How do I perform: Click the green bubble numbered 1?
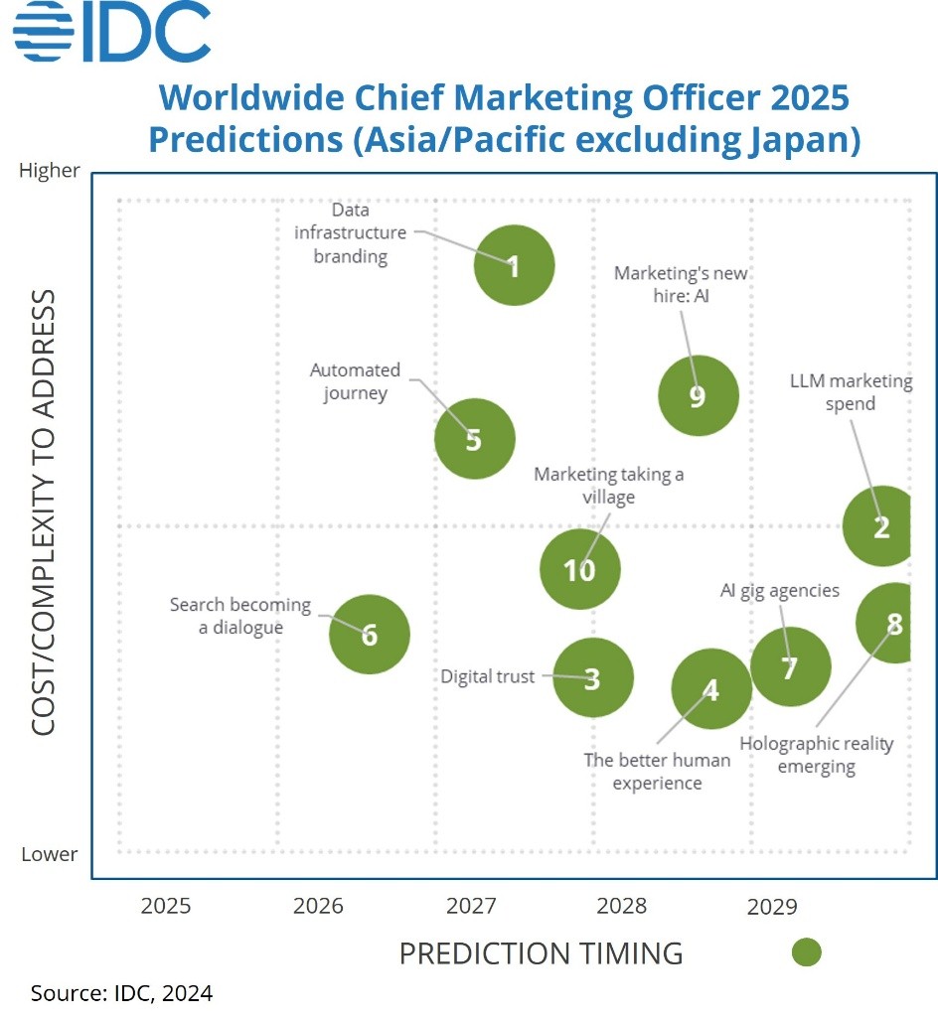(514, 265)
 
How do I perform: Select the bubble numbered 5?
(474, 439)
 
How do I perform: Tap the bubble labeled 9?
(698, 395)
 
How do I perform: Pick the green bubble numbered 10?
(579, 570)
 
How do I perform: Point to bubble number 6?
(370, 634)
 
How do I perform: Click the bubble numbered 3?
(592, 678)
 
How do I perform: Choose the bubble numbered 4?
(710, 689)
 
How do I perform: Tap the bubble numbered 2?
(878, 526)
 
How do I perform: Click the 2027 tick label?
(471, 907)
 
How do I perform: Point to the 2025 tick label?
(166, 907)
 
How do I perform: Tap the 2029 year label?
(772, 907)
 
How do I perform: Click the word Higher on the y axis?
(50, 171)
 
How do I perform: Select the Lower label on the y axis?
(50, 854)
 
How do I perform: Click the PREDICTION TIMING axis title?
(541, 953)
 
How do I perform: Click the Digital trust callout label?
(488, 676)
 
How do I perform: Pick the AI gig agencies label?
(780, 591)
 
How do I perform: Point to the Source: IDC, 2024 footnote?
(121, 992)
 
